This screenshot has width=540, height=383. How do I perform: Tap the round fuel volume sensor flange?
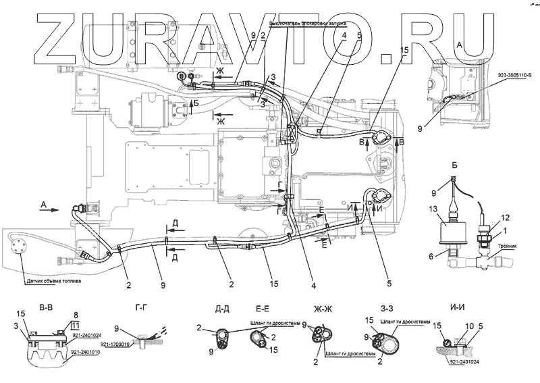click(x=20, y=245)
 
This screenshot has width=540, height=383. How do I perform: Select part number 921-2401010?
click(x=84, y=352)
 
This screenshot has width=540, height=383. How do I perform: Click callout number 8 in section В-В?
click(x=75, y=314)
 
